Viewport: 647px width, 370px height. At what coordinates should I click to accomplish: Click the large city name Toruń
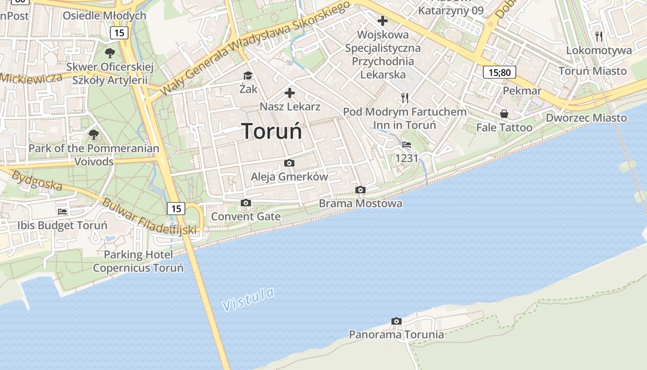[x=272, y=131]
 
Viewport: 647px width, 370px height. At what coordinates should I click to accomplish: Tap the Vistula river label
[x=248, y=299]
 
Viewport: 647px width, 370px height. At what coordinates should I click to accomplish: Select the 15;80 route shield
[x=500, y=72]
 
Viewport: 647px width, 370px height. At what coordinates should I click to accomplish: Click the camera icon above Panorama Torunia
[x=396, y=321]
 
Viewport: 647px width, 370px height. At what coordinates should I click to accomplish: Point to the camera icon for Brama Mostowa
[x=360, y=190]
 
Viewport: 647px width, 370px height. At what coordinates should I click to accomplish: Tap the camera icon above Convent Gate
[x=246, y=203]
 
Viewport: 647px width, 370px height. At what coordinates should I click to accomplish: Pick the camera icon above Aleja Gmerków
[x=289, y=163]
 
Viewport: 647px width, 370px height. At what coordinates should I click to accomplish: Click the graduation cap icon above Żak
[x=248, y=75]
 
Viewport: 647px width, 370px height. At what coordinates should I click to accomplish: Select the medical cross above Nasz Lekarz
[x=290, y=93]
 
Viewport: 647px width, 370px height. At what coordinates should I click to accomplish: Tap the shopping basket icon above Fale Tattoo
[x=504, y=114]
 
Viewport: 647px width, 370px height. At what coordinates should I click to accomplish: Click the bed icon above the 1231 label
[x=407, y=145]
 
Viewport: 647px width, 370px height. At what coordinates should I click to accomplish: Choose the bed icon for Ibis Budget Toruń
[x=62, y=212]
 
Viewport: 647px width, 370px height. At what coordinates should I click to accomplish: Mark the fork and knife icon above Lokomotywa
[x=599, y=37]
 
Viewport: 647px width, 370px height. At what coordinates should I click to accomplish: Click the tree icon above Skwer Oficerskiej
[x=110, y=53]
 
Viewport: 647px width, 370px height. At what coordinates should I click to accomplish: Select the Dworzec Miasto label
[x=586, y=118]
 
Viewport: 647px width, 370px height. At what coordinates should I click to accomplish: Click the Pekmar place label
[x=522, y=91]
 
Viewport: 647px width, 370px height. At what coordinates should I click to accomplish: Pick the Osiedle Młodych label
[x=104, y=16]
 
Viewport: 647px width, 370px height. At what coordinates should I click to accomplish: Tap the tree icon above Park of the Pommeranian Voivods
[x=94, y=135]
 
